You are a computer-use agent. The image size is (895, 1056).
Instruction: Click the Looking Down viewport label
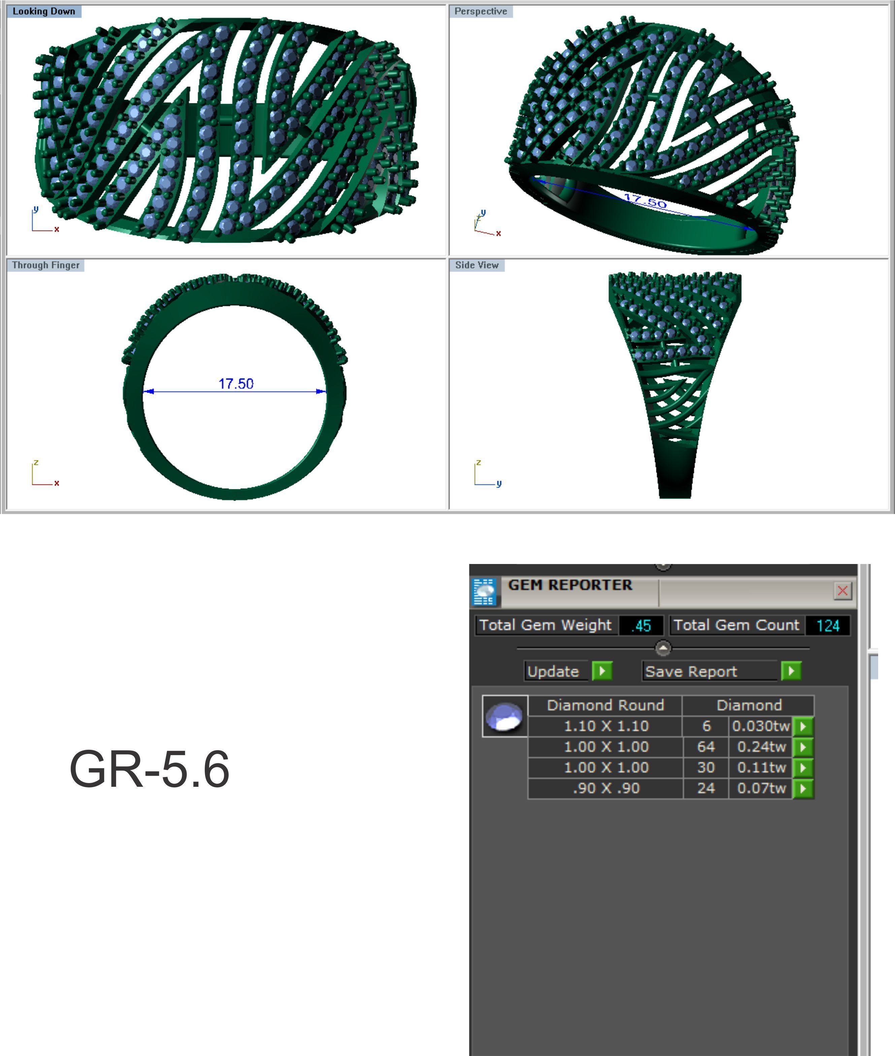(44, 11)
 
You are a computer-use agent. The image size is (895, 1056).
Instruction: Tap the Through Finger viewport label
(46, 265)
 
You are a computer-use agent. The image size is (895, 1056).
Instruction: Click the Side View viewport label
(476, 265)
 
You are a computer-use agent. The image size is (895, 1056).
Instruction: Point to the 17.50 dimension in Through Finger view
(236, 384)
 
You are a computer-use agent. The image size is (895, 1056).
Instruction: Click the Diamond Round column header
(605, 705)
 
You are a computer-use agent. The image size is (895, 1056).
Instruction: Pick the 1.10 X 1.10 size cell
(606, 726)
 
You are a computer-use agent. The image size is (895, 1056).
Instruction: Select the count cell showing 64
(706, 747)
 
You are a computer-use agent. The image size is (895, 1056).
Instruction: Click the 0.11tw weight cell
(761, 768)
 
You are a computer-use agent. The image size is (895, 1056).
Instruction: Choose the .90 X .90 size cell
(606, 788)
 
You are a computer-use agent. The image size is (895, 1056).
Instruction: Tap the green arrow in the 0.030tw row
(803, 726)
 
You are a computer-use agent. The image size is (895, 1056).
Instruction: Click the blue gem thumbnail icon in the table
(504, 717)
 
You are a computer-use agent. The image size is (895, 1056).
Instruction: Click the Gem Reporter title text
(570, 585)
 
